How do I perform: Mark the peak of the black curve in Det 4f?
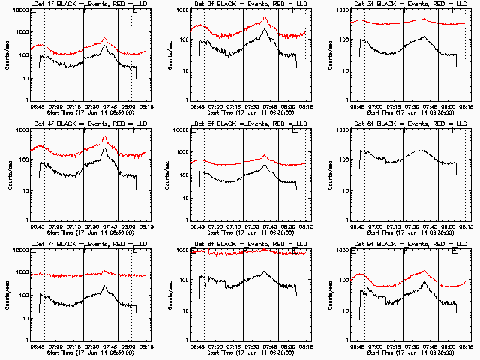(105, 148)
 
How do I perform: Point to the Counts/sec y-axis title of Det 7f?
(8, 294)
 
